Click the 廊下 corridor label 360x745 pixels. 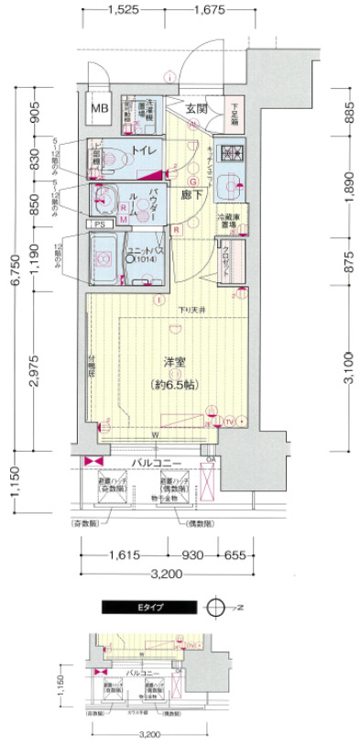(191, 196)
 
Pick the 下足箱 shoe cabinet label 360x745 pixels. (235, 110)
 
